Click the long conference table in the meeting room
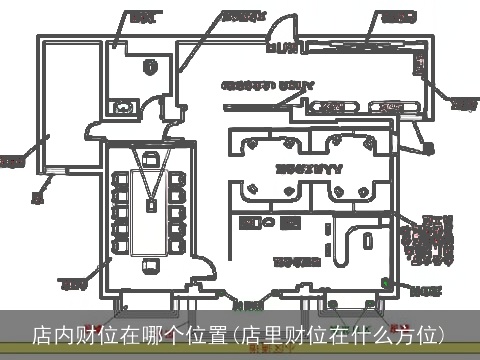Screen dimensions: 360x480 pos(150,210)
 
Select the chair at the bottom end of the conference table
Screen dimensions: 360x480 pos(150,266)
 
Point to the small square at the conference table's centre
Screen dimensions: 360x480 pos(150,205)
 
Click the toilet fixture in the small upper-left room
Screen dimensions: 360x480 pos(126,102)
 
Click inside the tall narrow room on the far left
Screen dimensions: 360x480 pos(62,140)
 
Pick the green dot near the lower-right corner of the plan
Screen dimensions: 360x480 pos(388,288)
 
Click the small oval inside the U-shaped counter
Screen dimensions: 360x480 pos(367,240)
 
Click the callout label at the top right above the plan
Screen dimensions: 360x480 pos(397,16)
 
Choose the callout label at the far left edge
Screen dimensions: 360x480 pos(11,160)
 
